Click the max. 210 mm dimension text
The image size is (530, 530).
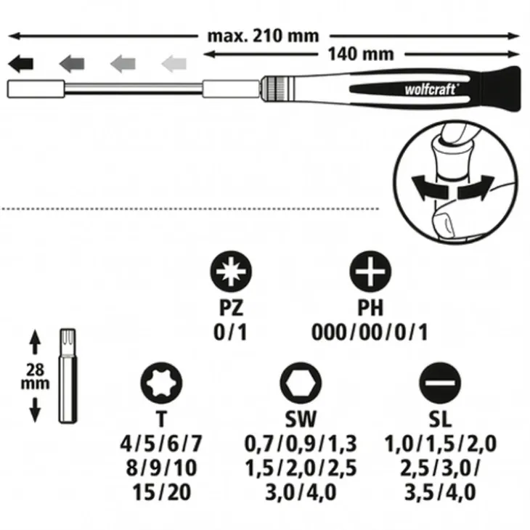(x=263, y=36)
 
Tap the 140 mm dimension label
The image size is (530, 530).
(x=361, y=54)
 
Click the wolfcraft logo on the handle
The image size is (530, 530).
(x=432, y=89)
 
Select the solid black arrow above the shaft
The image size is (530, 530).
(x=20, y=64)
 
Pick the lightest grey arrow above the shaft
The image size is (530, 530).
(x=174, y=64)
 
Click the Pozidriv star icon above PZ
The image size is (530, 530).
(x=231, y=272)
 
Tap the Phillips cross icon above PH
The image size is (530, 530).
(x=370, y=272)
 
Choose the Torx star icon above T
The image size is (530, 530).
(x=161, y=383)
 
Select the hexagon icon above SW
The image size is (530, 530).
(x=301, y=383)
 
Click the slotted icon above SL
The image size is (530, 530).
(x=440, y=383)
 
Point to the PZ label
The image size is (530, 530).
(x=231, y=308)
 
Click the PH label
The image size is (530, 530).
(x=370, y=308)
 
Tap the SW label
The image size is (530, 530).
(x=301, y=419)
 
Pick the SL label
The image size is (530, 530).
(x=440, y=419)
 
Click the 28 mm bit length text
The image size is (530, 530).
(x=35, y=377)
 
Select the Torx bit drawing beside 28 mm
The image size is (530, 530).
(x=68, y=375)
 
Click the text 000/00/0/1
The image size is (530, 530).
(x=370, y=333)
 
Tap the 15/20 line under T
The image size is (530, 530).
(x=162, y=492)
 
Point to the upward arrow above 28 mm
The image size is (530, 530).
(x=35, y=342)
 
